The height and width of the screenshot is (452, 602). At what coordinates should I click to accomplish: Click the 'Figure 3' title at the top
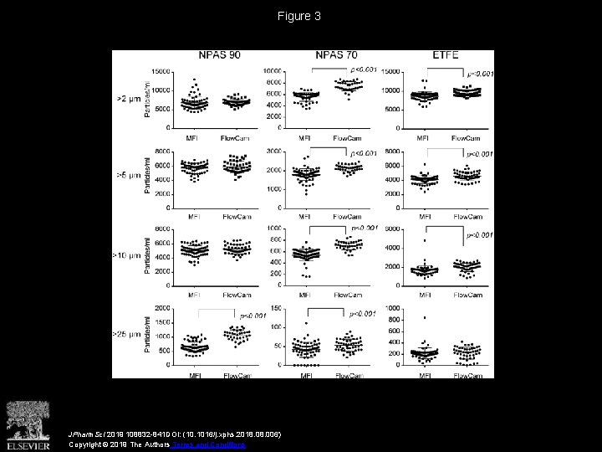tap(301, 16)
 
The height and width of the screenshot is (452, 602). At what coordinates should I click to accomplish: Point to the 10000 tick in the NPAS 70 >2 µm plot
tap(274, 72)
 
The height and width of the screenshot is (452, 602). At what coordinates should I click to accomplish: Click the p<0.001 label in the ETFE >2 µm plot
tap(480, 74)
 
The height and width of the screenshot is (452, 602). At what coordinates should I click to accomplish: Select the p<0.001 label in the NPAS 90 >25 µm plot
tap(253, 316)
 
